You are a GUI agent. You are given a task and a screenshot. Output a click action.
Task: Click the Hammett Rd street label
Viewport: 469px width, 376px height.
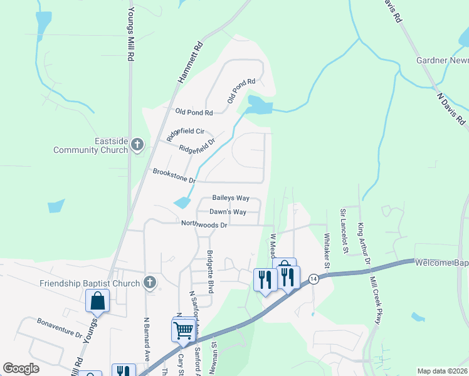point(190,63)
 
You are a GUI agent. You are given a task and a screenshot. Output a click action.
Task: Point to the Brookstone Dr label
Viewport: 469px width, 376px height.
point(174,175)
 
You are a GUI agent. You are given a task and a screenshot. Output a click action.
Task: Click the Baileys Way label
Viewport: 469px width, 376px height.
point(231,198)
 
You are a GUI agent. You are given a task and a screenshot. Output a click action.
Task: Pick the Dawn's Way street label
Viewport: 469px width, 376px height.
point(228,212)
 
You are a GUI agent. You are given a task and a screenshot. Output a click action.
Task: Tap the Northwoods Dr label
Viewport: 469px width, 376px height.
point(204,224)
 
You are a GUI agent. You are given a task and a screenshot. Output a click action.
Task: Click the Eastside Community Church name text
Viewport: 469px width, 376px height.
point(91,145)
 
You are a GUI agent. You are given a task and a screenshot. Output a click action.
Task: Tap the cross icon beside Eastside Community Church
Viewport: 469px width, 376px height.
point(138,145)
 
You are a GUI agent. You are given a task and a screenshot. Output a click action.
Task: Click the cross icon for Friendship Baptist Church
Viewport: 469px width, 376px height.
point(149,283)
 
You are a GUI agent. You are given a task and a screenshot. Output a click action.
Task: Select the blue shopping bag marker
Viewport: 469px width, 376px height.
point(98,301)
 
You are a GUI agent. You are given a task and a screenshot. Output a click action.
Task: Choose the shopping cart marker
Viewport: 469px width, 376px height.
point(183,329)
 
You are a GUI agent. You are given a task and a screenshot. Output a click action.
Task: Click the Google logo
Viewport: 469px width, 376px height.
point(21,368)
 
